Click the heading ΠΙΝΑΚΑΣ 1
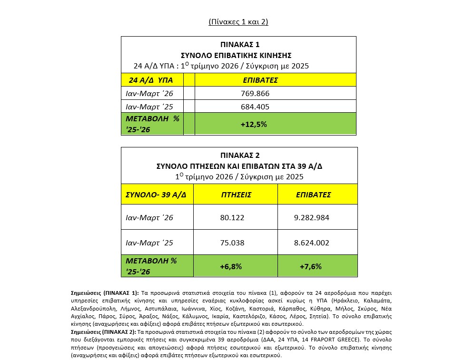239,44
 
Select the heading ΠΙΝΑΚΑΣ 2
239,155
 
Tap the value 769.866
255,93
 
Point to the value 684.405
255,106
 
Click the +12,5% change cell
254,124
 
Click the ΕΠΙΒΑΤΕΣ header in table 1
260,80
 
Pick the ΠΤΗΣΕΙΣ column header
236,195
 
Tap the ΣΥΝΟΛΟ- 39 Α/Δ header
156,195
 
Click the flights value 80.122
231,218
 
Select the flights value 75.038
231,243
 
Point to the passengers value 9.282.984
312,218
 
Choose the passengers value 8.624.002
312,243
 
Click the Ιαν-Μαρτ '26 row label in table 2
149,218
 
